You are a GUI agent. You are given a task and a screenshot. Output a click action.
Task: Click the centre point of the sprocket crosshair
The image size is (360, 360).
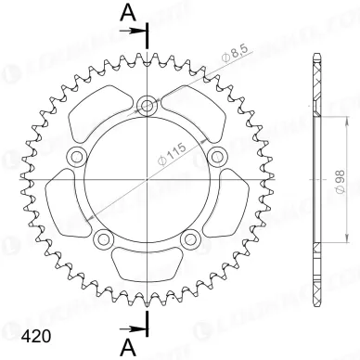(146, 178)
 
